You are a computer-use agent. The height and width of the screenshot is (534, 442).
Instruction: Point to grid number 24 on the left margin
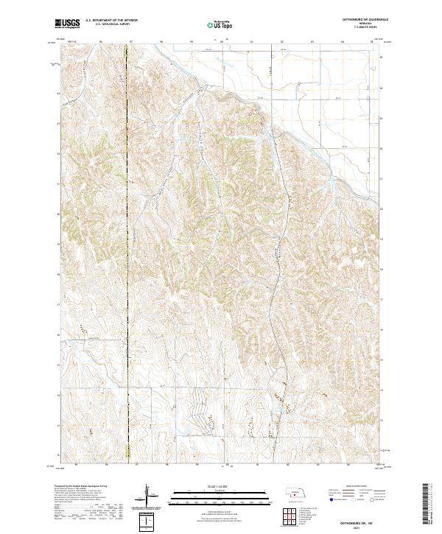[x=60, y=94]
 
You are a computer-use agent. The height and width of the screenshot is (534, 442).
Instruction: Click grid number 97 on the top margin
[x=130, y=41]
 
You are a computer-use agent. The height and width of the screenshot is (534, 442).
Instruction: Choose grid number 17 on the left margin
[x=60, y=303]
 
